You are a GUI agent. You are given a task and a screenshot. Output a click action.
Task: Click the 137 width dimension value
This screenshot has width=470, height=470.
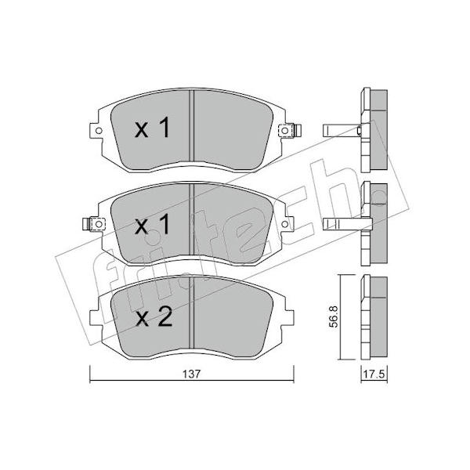tap(191, 374)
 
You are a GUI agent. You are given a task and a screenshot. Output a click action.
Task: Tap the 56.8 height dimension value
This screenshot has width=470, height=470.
tap(334, 316)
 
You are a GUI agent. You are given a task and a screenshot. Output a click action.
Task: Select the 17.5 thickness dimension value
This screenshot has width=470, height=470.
tap(374, 374)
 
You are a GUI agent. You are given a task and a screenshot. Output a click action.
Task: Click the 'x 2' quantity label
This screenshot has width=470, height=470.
tap(154, 317)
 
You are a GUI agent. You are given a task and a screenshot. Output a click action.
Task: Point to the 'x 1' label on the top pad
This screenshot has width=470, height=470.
tap(153, 128)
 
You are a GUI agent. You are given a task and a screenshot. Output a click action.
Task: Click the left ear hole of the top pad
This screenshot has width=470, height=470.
tap(99, 131)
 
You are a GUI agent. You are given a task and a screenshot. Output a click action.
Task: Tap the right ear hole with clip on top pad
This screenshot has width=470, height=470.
tap(285, 131)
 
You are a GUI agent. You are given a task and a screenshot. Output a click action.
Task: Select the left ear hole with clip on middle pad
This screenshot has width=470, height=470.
tap(99, 224)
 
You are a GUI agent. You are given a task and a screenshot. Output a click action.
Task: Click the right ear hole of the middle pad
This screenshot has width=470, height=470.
tap(285, 224)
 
